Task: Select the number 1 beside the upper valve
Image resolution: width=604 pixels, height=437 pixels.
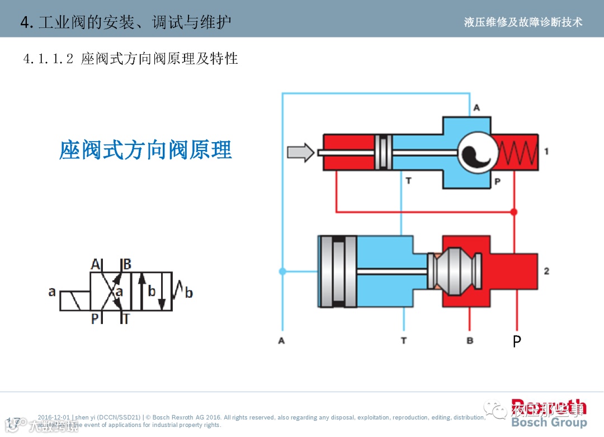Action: [546, 151]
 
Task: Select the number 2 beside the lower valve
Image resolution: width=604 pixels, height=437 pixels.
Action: [546, 271]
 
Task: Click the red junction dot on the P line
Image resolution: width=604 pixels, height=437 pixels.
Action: [514, 212]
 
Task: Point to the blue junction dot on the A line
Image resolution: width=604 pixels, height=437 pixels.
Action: [282, 271]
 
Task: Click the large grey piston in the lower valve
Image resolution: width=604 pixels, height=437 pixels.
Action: [338, 271]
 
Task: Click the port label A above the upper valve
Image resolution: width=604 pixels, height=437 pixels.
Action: [476, 107]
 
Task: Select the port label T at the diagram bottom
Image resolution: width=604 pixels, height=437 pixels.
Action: [404, 340]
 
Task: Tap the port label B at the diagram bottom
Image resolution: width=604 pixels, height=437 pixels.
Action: [470, 340]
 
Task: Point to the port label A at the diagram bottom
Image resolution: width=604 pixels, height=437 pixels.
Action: [281, 340]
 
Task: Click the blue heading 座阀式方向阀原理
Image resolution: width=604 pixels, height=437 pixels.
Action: [145, 150]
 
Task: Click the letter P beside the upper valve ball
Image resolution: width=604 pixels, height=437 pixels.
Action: [497, 181]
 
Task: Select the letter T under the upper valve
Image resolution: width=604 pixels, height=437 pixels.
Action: [409, 181]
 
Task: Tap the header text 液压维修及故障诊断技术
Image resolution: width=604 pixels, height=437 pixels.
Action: [523, 22]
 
